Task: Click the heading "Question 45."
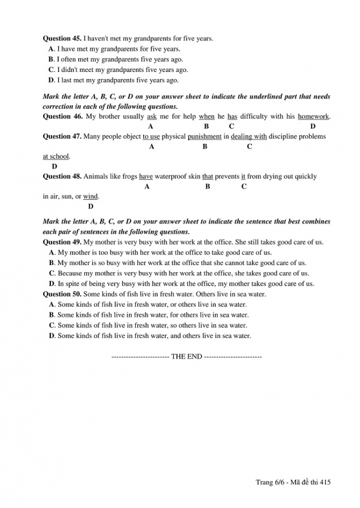pyautogui.click(x=62, y=39)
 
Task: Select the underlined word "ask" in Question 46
pyautogui.click(x=152, y=116)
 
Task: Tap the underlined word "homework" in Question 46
pyautogui.click(x=313, y=116)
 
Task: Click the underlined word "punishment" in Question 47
pyautogui.click(x=204, y=137)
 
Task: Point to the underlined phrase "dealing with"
pyautogui.click(x=249, y=137)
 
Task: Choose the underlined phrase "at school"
pyautogui.click(x=56, y=157)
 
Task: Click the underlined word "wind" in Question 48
pyautogui.click(x=90, y=196)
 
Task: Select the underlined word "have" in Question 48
pyautogui.click(x=146, y=177)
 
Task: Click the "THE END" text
pyautogui.click(x=187, y=356)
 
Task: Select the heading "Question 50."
pyautogui.click(x=62, y=294)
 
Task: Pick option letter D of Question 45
pyautogui.click(x=52, y=80)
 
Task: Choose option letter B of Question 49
pyautogui.click(x=52, y=263)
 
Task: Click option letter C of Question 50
pyautogui.click(x=52, y=325)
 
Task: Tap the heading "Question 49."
pyautogui.click(x=62, y=242)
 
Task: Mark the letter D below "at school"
pyautogui.click(x=54, y=167)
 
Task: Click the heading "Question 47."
pyautogui.click(x=62, y=137)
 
